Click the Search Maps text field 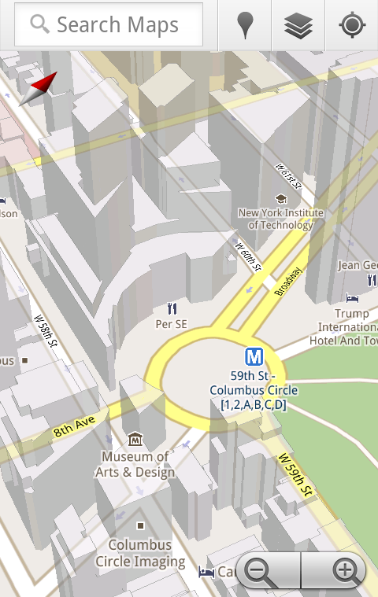point(109,24)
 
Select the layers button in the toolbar point(298,25)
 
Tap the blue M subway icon point(254,357)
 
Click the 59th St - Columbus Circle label point(254,390)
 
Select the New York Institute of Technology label point(280,218)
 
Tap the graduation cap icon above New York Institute point(281,198)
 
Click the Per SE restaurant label point(172,323)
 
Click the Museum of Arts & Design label point(135,464)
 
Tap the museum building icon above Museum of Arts point(135,439)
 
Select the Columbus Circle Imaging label point(140,553)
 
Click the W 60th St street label point(247,256)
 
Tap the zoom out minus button point(260,570)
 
